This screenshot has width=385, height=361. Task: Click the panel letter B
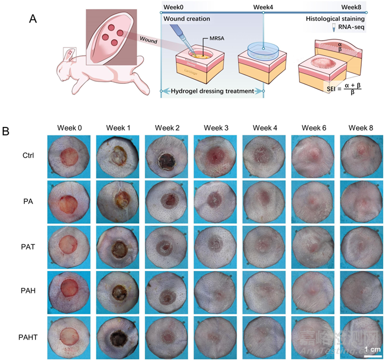(7, 131)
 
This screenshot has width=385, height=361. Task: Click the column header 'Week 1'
(118, 128)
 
